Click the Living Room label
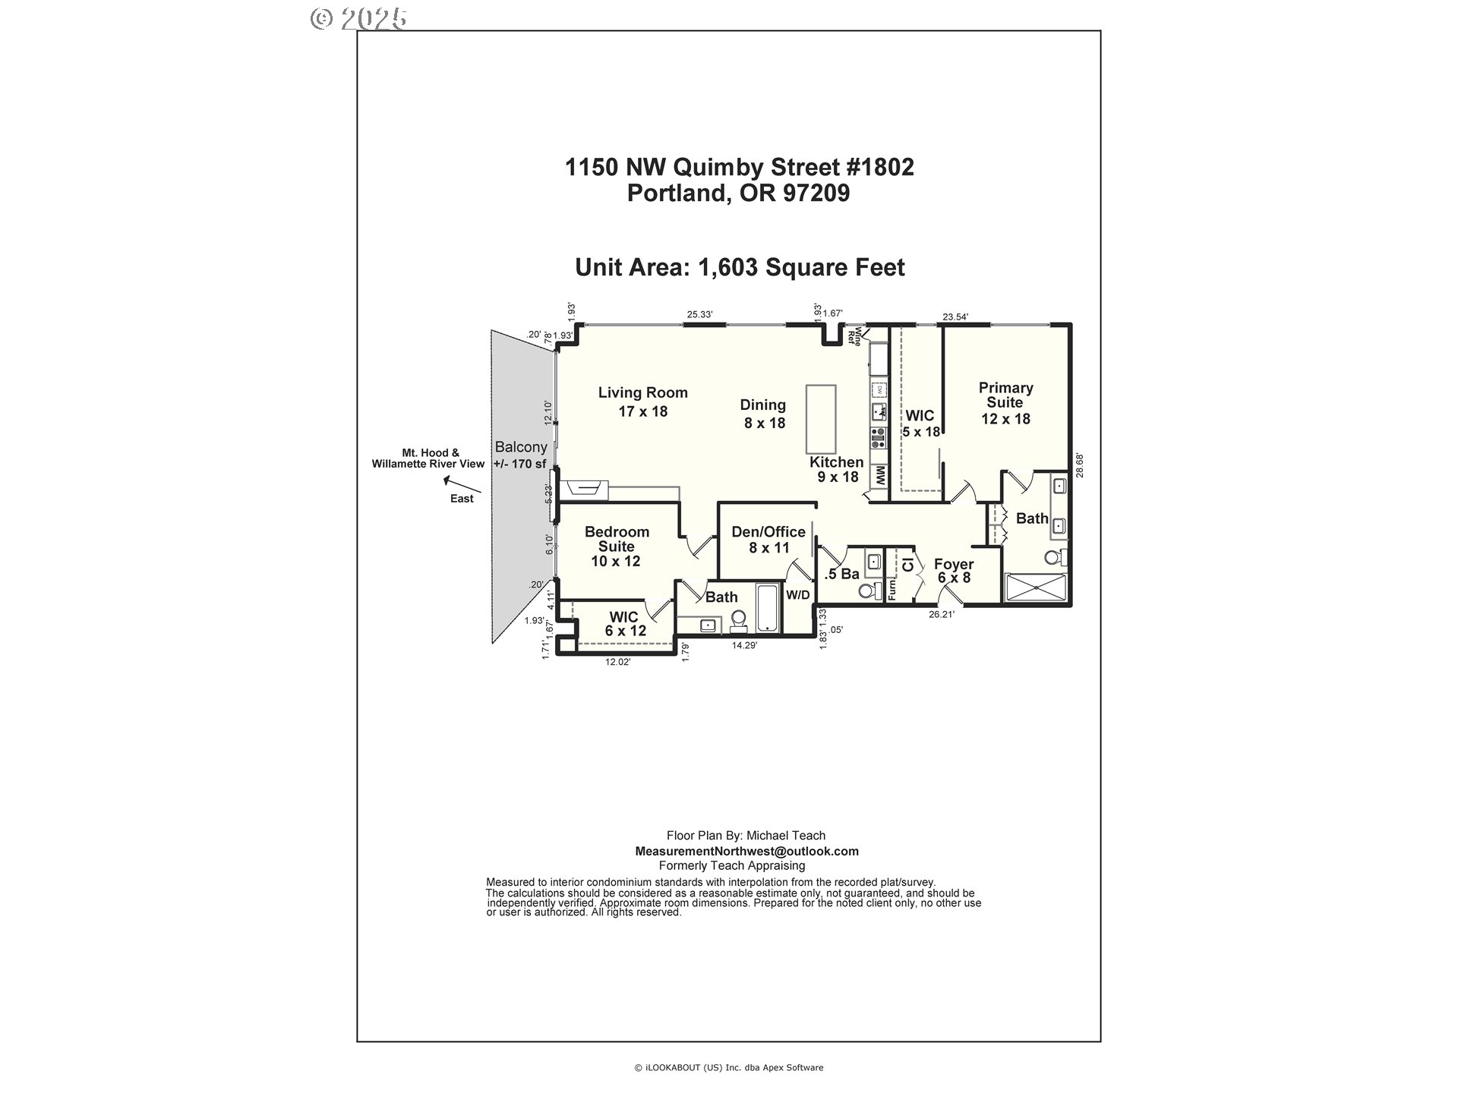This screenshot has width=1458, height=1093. (x=642, y=392)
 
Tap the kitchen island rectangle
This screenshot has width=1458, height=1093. (x=821, y=418)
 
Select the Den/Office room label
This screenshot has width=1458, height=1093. (x=768, y=532)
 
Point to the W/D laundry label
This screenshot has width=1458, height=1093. (x=797, y=595)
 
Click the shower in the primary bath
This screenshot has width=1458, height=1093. (x=1035, y=588)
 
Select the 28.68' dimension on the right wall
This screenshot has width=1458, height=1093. (x=1079, y=465)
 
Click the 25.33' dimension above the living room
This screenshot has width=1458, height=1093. (x=699, y=314)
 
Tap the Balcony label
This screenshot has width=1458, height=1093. (x=520, y=447)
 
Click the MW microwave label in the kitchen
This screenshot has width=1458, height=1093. (x=879, y=477)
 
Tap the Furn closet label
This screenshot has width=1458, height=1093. (x=892, y=589)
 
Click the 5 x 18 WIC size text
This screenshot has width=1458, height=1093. (x=921, y=432)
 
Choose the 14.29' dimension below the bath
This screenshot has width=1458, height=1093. (x=743, y=646)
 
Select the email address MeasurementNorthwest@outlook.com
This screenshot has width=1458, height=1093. (x=746, y=851)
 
